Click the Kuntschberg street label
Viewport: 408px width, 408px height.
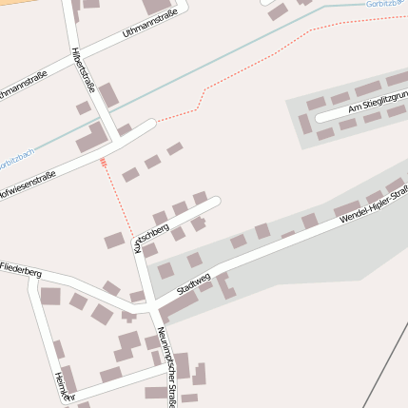click(x=152, y=237)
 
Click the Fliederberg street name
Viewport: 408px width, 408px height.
click(x=21, y=271)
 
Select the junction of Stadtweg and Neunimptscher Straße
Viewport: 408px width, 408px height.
click(x=151, y=309)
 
